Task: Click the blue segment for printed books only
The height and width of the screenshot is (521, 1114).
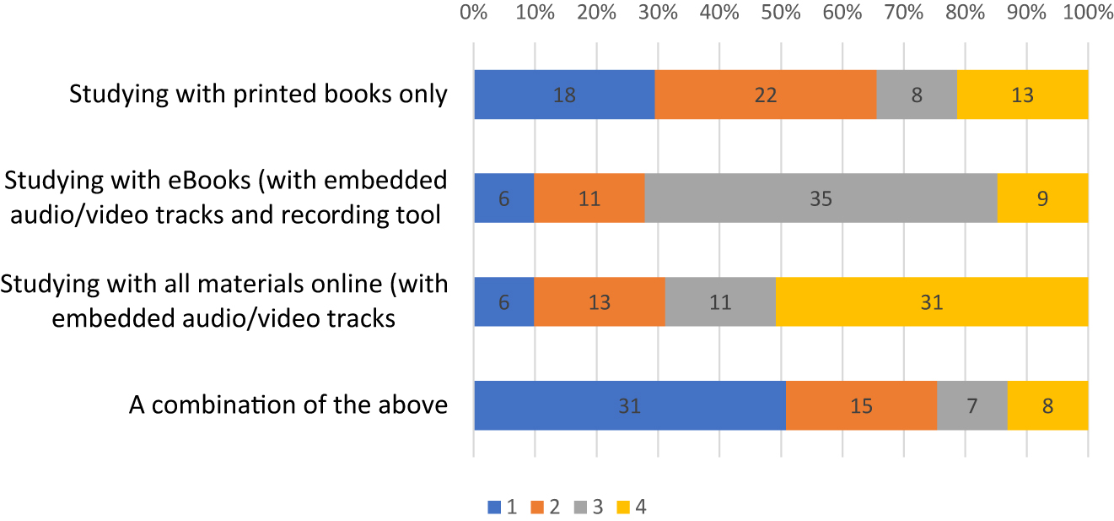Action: (x=564, y=94)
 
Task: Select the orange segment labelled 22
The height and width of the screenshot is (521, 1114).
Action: (x=766, y=94)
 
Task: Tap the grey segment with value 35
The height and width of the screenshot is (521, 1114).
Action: (x=821, y=198)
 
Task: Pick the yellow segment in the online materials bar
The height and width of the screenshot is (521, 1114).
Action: (x=931, y=302)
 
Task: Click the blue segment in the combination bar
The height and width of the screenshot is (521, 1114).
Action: (x=629, y=405)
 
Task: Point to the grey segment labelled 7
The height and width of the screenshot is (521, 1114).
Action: (x=971, y=405)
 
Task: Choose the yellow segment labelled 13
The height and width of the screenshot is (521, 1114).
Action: (x=1022, y=94)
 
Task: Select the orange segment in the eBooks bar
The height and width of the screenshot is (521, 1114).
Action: (x=589, y=198)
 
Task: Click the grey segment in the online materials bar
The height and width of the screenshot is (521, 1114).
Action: (x=720, y=302)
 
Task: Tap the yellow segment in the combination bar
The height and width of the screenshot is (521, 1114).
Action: (x=1047, y=405)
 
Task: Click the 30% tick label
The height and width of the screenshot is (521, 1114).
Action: (x=658, y=14)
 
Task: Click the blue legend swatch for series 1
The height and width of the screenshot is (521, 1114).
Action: (x=494, y=507)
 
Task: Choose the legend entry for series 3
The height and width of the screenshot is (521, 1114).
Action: (x=589, y=507)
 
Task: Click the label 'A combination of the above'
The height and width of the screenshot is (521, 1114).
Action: (x=288, y=405)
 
